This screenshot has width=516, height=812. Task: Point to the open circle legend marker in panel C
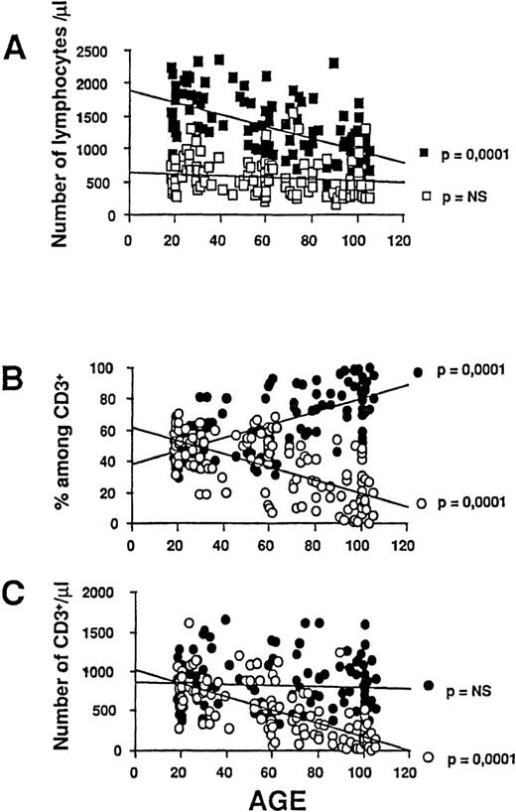429,757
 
